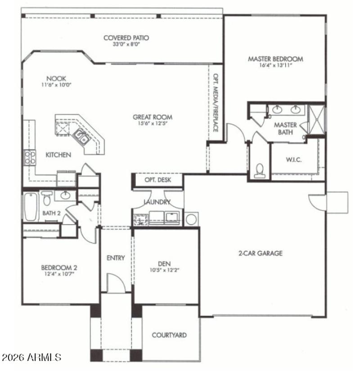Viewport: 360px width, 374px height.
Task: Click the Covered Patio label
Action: pos(126,38)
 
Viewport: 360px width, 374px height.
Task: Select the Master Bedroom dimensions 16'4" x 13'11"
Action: pos(275,66)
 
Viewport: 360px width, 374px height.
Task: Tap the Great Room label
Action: pos(152,117)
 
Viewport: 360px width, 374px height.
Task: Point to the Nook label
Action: pos(56,78)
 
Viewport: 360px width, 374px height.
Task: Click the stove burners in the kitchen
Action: pos(30,157)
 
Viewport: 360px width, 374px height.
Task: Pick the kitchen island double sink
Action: pos(81,136)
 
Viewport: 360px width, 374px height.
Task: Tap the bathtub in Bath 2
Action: pos(30,207)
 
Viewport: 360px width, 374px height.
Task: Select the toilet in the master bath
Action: pos(259,169)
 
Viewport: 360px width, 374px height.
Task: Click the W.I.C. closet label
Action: pos(293,160)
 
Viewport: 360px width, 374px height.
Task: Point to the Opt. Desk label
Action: pos(157,180)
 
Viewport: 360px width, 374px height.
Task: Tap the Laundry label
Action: pos(157,202)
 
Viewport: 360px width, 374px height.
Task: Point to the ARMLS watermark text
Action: pos(31,358)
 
